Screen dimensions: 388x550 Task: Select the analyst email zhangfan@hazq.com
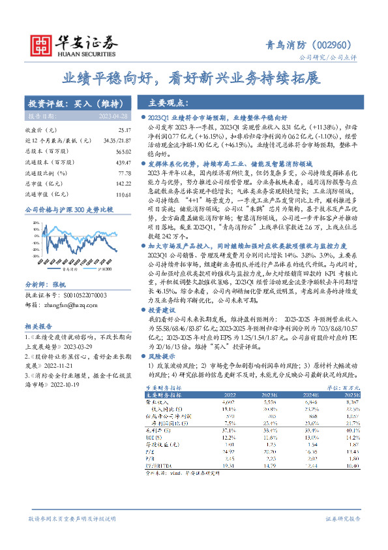click(x=63, y=304)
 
